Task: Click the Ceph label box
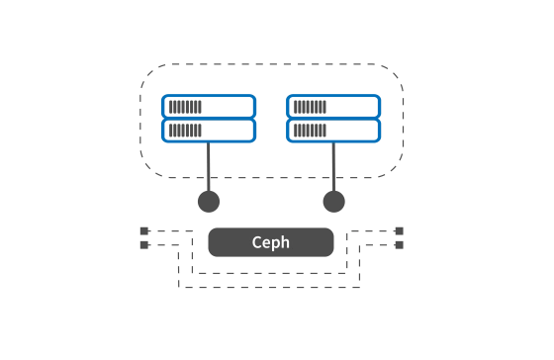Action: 271,242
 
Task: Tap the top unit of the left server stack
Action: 209,107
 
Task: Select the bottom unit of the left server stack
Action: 209,131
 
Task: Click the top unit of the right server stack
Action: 333,107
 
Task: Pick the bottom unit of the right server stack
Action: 333,131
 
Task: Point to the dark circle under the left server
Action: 209,202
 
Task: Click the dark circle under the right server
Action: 334,202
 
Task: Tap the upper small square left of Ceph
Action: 144,231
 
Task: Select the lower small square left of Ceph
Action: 144,245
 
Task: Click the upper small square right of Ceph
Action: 400,231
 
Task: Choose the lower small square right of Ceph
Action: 400,245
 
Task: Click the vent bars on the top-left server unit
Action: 185,107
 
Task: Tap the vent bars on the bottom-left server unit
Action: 185,131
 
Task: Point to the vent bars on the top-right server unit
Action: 310,107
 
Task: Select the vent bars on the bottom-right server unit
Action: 310,131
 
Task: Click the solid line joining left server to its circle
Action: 209,167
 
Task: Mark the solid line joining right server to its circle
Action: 334,167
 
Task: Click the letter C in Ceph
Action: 256,242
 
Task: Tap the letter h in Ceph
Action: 286,242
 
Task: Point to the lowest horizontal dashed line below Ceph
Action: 269,287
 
